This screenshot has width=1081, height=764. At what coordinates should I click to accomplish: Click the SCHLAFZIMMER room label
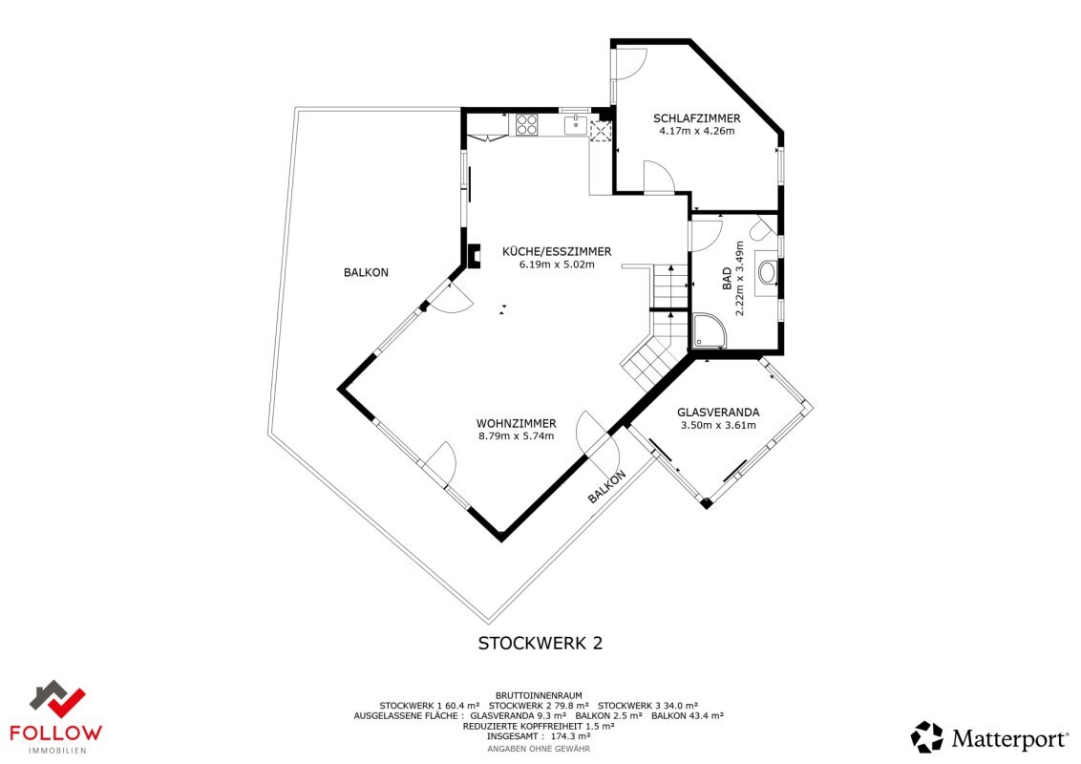697,118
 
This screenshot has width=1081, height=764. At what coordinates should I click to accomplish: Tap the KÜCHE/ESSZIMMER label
557,252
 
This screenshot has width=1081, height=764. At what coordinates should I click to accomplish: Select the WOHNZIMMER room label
517,423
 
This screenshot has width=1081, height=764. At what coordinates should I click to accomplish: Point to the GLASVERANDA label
718,413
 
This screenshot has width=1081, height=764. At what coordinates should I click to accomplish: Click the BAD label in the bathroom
727,279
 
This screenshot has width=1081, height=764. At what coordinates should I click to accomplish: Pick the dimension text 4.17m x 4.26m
697,131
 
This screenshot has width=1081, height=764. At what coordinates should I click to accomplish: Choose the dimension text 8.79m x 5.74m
517,435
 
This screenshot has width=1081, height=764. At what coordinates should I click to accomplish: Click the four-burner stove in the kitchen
527,124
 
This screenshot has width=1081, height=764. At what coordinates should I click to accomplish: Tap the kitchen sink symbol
575,125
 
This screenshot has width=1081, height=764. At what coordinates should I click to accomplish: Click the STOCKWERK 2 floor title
540,644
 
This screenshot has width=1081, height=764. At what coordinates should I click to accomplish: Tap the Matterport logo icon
926,736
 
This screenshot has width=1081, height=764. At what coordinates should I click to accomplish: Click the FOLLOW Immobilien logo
56,717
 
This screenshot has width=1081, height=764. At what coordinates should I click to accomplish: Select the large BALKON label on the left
366,272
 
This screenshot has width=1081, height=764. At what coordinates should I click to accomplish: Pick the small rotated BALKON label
606,487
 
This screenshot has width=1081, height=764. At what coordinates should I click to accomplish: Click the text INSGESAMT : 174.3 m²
540,736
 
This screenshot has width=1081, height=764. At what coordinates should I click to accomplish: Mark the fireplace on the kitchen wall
473,256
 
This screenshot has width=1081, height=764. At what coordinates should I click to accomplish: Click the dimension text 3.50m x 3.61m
718,425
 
